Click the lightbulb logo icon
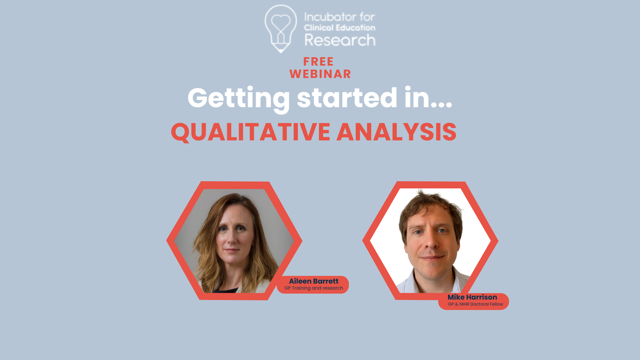pyautogui.click(x=280, y=28)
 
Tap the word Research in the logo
pyautogui.click(x=340, y=40)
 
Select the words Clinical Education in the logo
pyautogui.click(x=340, y=28)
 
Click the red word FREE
pyautogui.click(x=318, y=62)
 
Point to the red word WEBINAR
pyautogui.click(x=320, y=74)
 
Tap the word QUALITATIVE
pyautogui.click(x=250, y=132)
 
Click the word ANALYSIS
pyautogui.click(x=396, y=132)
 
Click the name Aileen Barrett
pyautogui.click(x=314, y=281)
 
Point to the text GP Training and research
pyautogui.click(x=314, y=288)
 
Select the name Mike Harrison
pyautogui.click(x=472, y=297)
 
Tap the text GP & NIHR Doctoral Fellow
pyautogui.click(x=476, y=304)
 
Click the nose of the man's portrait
pyautogui.click(x=432, y=242)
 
